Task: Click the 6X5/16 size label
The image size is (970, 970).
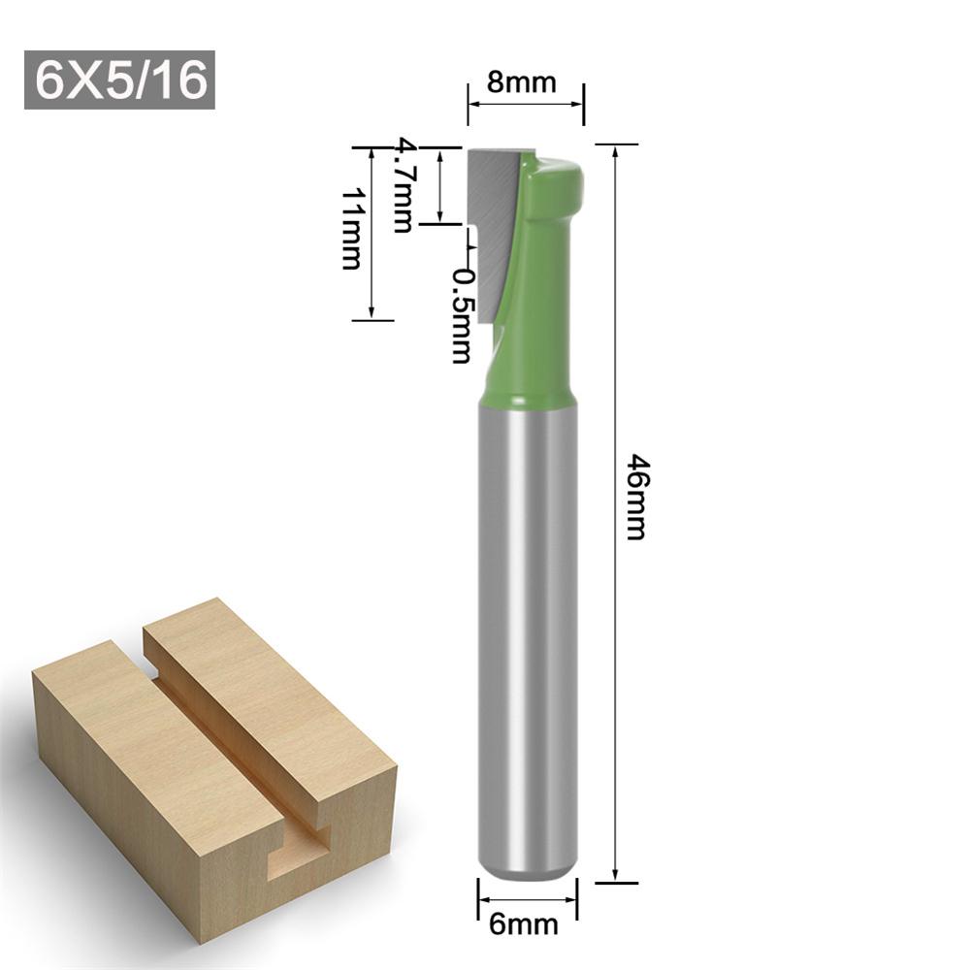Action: [x=119, y=81]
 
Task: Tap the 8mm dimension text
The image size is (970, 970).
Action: [x=522, y=81]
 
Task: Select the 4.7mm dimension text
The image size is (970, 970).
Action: [x=402, y=185]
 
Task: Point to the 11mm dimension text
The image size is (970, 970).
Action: [x=350, y=228]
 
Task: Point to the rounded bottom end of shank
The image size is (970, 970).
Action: [x=527, y=868]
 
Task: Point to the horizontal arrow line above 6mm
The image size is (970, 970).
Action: [x=527, y=894]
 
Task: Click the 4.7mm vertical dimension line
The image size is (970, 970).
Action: [x=441, y=186]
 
